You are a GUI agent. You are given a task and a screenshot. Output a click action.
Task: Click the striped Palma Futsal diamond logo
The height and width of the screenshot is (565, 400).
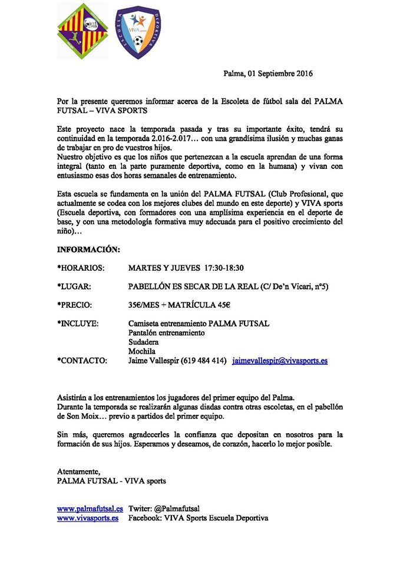tap(82, 32)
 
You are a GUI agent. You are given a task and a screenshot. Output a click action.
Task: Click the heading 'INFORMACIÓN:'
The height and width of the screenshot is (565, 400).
tap(88, 250)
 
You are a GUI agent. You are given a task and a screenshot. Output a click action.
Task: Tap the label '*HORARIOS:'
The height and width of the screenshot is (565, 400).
tap(81, 268)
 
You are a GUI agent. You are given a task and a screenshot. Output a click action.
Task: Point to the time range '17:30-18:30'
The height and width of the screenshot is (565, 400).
tap(224, 268)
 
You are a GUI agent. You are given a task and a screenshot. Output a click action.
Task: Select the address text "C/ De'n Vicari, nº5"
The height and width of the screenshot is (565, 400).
tap(293, 287)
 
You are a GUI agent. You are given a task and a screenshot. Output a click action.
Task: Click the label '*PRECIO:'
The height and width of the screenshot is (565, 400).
tap(76, 305)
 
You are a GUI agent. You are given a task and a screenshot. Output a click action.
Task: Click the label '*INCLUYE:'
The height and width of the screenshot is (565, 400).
tap(78, 324)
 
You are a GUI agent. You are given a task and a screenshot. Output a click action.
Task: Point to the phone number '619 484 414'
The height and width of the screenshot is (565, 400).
tap(203, 361)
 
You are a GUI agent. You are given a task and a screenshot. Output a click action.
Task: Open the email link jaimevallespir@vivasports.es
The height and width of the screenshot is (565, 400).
tap(280, 361)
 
